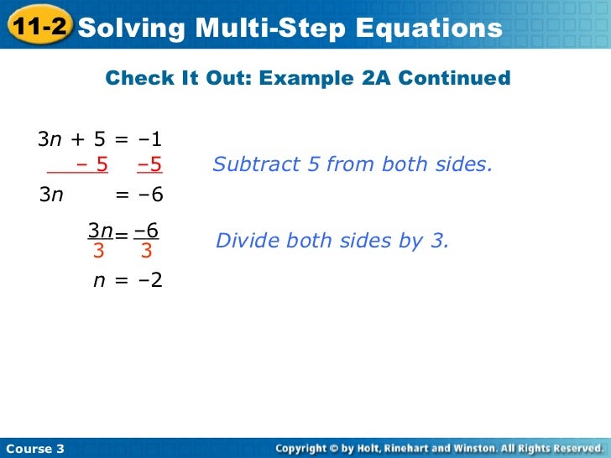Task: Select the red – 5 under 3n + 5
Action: click(x=92, y=164)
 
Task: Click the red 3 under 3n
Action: click(x=98, y=250)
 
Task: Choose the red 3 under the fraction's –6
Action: click(x=146, y=250)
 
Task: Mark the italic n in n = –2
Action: click(x=98, y=281)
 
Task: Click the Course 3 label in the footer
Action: click(x=34, y=449)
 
